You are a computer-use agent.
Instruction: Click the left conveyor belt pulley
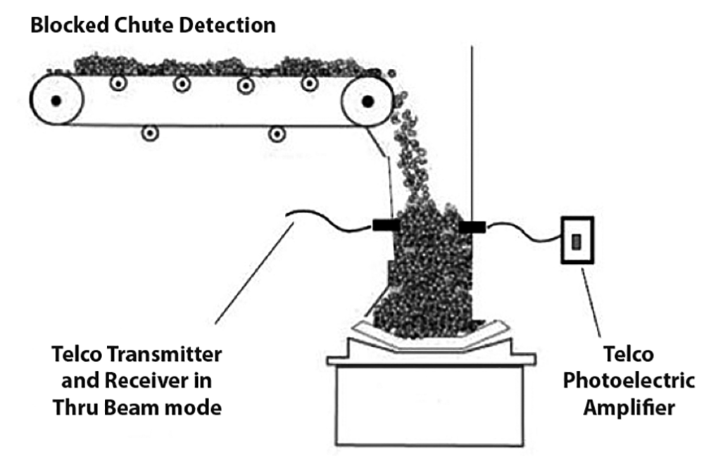(x=56, y=101)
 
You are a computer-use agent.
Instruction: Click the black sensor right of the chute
(x=472, y=226)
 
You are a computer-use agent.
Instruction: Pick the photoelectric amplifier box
(x=577, y=241)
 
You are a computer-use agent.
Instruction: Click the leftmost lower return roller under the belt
(x=149, y=132)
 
